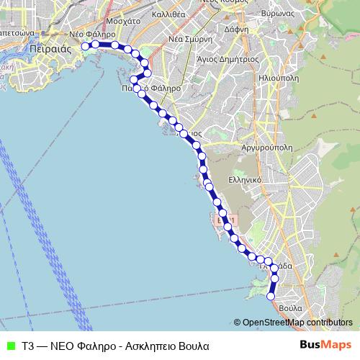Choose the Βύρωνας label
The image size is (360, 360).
[x=296, y=14]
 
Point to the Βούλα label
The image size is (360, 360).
[x=289, y=307]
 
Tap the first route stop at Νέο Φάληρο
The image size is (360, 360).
[x=85, y=46]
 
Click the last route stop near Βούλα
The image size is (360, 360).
[x=271, y=294]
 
